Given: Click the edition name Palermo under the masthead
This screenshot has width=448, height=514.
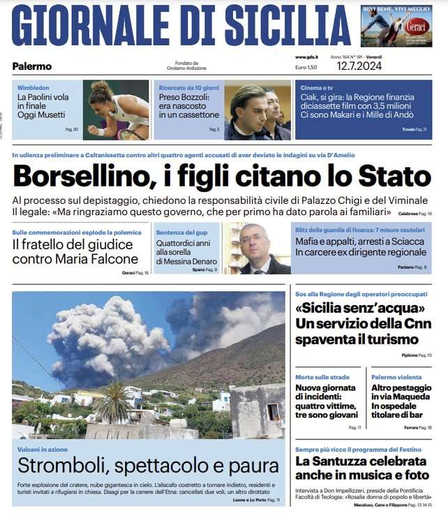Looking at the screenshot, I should [32, 66].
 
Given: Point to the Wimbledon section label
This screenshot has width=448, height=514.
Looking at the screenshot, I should [33, 87].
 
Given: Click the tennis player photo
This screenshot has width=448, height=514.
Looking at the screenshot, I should [115, 110].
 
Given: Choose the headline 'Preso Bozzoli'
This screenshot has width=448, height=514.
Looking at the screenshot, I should [184, 97].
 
